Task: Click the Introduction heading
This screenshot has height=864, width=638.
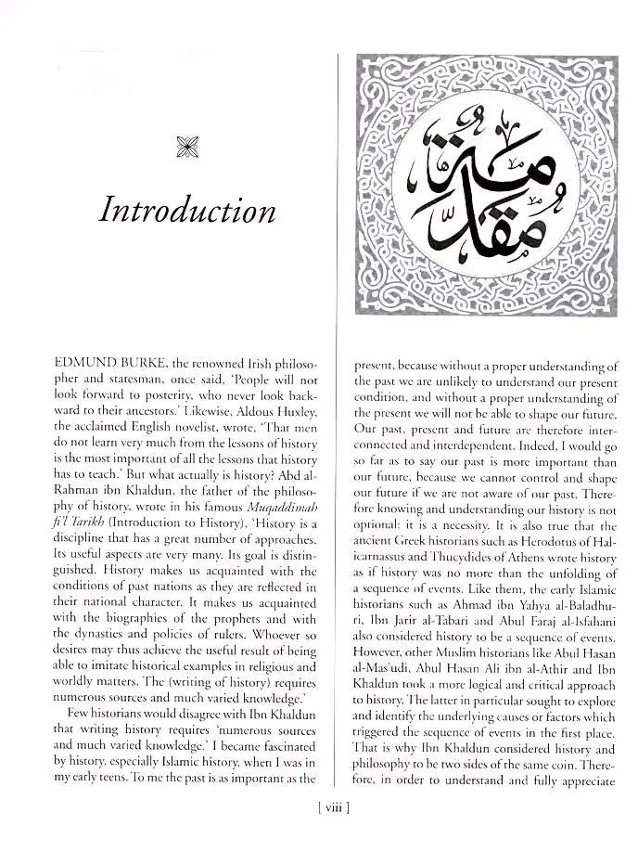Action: (x=187, y=211)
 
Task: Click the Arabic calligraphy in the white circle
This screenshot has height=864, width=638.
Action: (x=486, y=186)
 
